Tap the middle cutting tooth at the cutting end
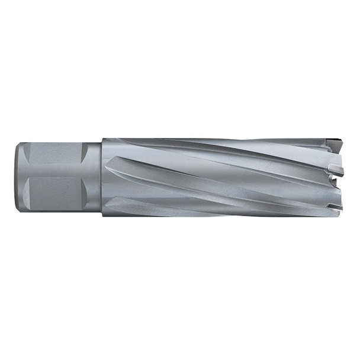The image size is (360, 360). point(339,171)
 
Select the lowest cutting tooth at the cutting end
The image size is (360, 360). point(336,207)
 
